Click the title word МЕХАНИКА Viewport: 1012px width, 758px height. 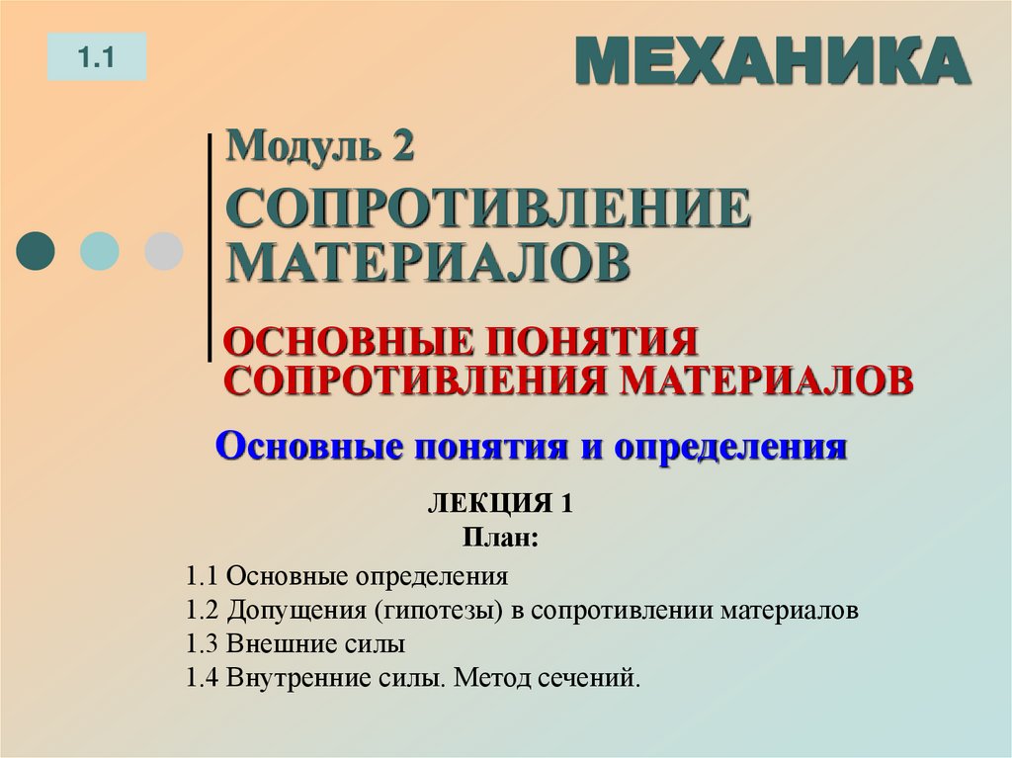[772, 62]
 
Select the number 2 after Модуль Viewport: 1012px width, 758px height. [399, 148]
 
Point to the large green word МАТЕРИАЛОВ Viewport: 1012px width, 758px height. [429, 262]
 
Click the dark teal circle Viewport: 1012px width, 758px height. [37, 251]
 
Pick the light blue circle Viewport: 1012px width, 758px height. [100, 251]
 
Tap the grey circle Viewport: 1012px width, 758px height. [163, 251]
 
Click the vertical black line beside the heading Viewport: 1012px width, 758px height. [211, 247]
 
